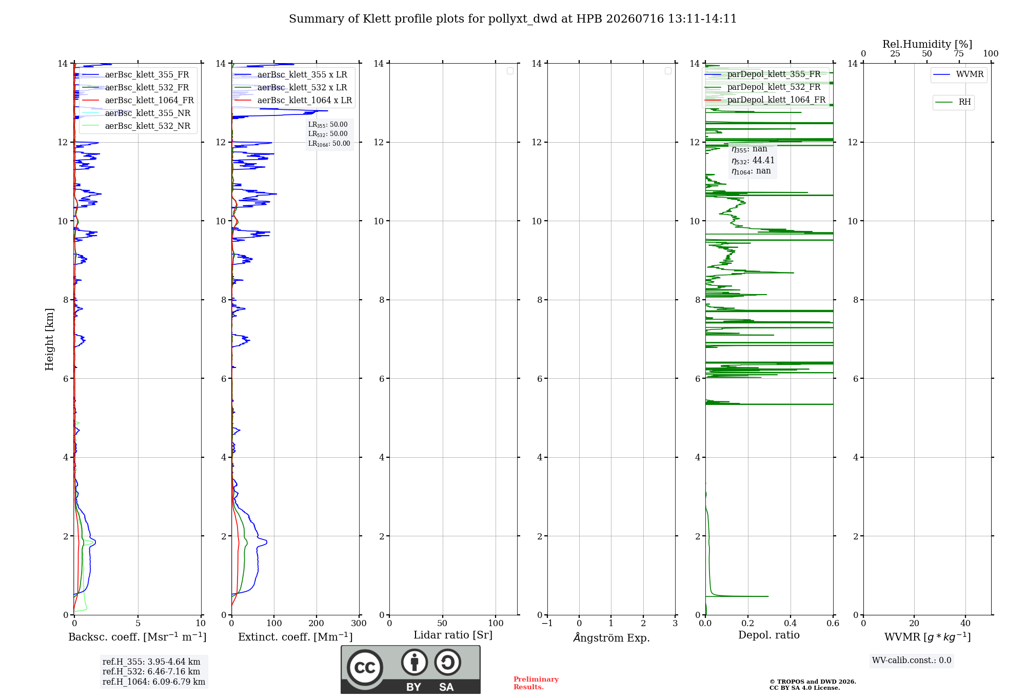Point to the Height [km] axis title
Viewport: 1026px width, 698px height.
[49, 339]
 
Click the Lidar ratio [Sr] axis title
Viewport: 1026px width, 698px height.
[453, 635]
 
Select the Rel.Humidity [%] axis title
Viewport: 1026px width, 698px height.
[927, 44]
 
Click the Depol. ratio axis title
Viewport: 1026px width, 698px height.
[769, 635]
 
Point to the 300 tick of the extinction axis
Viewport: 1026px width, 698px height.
[359, 624]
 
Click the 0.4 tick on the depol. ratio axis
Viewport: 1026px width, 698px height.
[791, 624]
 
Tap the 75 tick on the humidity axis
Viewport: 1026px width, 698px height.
[959, 54]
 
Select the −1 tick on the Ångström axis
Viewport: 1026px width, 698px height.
[547, 624]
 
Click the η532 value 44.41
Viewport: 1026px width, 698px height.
[763, 161]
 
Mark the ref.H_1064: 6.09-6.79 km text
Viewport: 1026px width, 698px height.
[154, 682]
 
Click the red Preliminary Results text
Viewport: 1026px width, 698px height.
[536, 683]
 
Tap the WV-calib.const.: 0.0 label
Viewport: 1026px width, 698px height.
[912, 661]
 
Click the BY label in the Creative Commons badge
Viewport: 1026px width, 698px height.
[413, 687]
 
